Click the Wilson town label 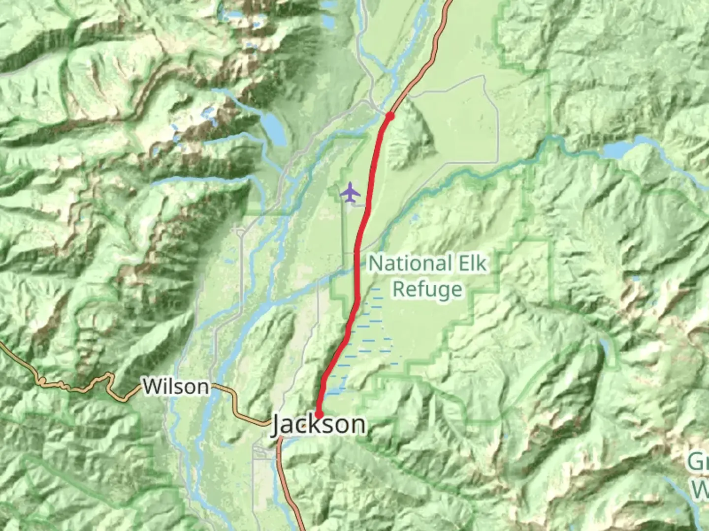(x=176, y=387)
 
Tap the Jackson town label (x=319, y=425)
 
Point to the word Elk (x=471, y=264)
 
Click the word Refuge (x=427, y=289)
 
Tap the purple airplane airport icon (x=350, y=192)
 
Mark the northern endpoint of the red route (x=390, y=116)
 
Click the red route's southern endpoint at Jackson (x=319, y=414)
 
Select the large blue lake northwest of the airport (x=273, y=129)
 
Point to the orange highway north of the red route (x=428, y=59)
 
